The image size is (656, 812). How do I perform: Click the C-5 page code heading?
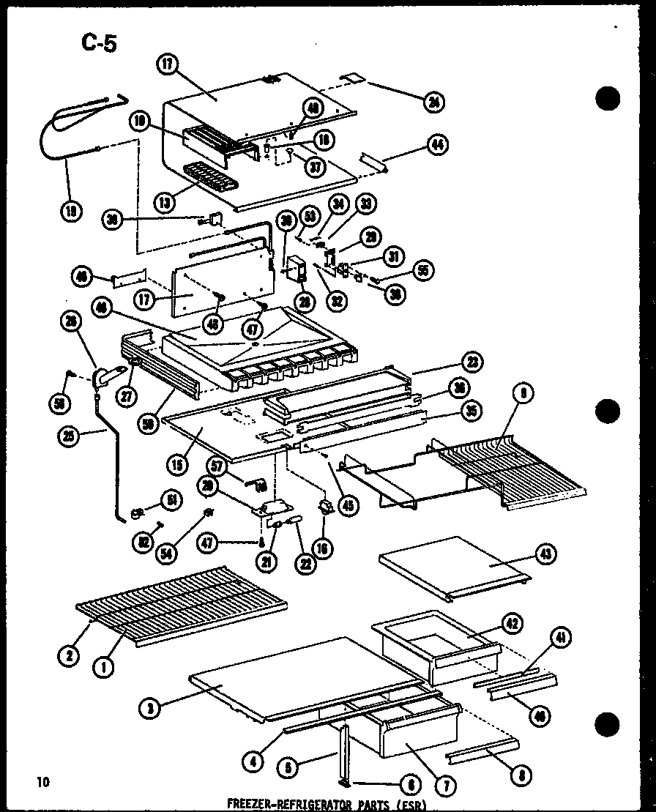tap(99, 42)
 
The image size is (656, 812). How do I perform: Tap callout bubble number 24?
tap(435, 102)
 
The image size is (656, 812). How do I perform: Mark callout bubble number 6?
tap(411, 785)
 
